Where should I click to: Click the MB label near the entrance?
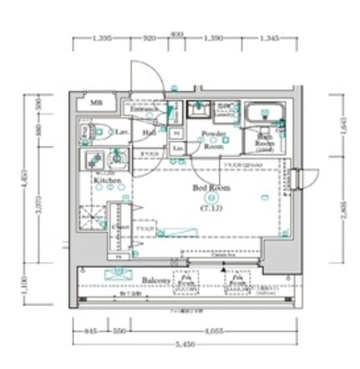(96, 103)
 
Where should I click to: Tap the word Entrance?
(143, 109)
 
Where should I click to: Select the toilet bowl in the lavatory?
(100, 130)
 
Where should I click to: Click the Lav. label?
(122, 131)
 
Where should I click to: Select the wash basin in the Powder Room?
(197, 110)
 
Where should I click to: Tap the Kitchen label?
(107, 180)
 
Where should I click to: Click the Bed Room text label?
(211, 188)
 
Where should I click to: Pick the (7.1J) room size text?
(211, 208)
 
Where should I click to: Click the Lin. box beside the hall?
(177, 148)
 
